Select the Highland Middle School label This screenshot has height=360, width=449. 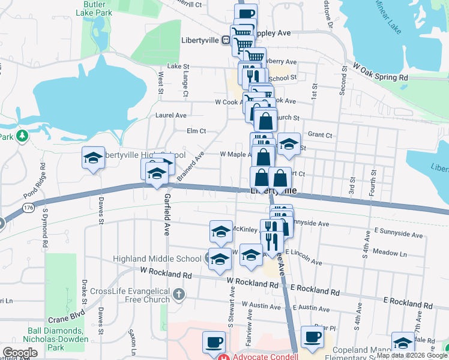tap(157, 259)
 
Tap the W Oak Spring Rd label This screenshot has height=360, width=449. tap(381, 72)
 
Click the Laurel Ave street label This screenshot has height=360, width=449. tap(171, 115)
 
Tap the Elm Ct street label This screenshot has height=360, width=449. tap(196, 131)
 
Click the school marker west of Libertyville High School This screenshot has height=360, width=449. tap(93, 158)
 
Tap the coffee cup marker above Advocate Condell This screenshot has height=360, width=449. tap(213, 342)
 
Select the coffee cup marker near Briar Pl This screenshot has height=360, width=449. tap(312, 337)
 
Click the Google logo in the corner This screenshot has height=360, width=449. tap(19, 353)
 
